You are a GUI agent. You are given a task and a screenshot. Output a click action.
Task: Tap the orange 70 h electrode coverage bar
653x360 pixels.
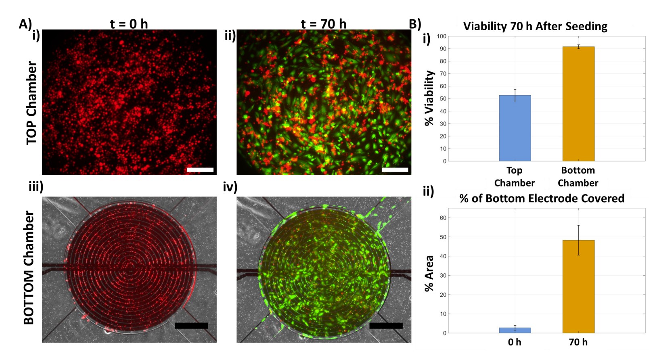(x=578, y=287)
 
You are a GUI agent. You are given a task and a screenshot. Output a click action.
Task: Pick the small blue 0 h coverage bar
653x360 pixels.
(x=515, y=330)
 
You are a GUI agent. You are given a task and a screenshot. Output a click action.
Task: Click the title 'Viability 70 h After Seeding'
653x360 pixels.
(x=535, y=27)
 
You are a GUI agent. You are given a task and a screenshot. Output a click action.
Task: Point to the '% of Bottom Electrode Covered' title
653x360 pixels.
(x=542, y=199)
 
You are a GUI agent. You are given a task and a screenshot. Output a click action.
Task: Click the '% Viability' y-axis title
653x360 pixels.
(x=429, y=98)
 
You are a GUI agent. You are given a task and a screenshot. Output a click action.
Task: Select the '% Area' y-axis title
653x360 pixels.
(x=429, y=273)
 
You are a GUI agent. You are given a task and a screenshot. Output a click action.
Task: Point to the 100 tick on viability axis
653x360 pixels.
(x=442, y=36)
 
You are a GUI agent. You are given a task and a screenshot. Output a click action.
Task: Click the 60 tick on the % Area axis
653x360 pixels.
(x=443, y=218)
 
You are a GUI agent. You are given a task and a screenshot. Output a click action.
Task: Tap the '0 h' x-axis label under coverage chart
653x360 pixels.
(x=515, y=342)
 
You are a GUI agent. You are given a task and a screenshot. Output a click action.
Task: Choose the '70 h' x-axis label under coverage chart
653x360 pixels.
(x=578, y=342)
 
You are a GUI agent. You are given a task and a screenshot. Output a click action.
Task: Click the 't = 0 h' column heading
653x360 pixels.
(x=129, y=24)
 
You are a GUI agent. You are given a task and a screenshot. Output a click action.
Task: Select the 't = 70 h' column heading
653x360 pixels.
(x=324, y=24)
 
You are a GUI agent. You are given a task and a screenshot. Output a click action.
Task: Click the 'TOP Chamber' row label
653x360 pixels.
(x=31, y=103)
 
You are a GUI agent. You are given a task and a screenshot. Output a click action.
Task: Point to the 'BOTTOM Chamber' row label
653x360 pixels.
(x=29, y=268)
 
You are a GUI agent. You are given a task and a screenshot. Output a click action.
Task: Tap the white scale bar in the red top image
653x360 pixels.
(x=200, y=170)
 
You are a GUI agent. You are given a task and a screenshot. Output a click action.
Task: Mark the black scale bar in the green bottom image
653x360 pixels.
(x=386, y=325)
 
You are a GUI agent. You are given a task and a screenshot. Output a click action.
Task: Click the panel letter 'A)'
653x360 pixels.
(x=25, y=24)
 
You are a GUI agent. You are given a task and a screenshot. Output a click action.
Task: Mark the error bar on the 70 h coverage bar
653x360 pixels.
(x=578, y=240)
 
